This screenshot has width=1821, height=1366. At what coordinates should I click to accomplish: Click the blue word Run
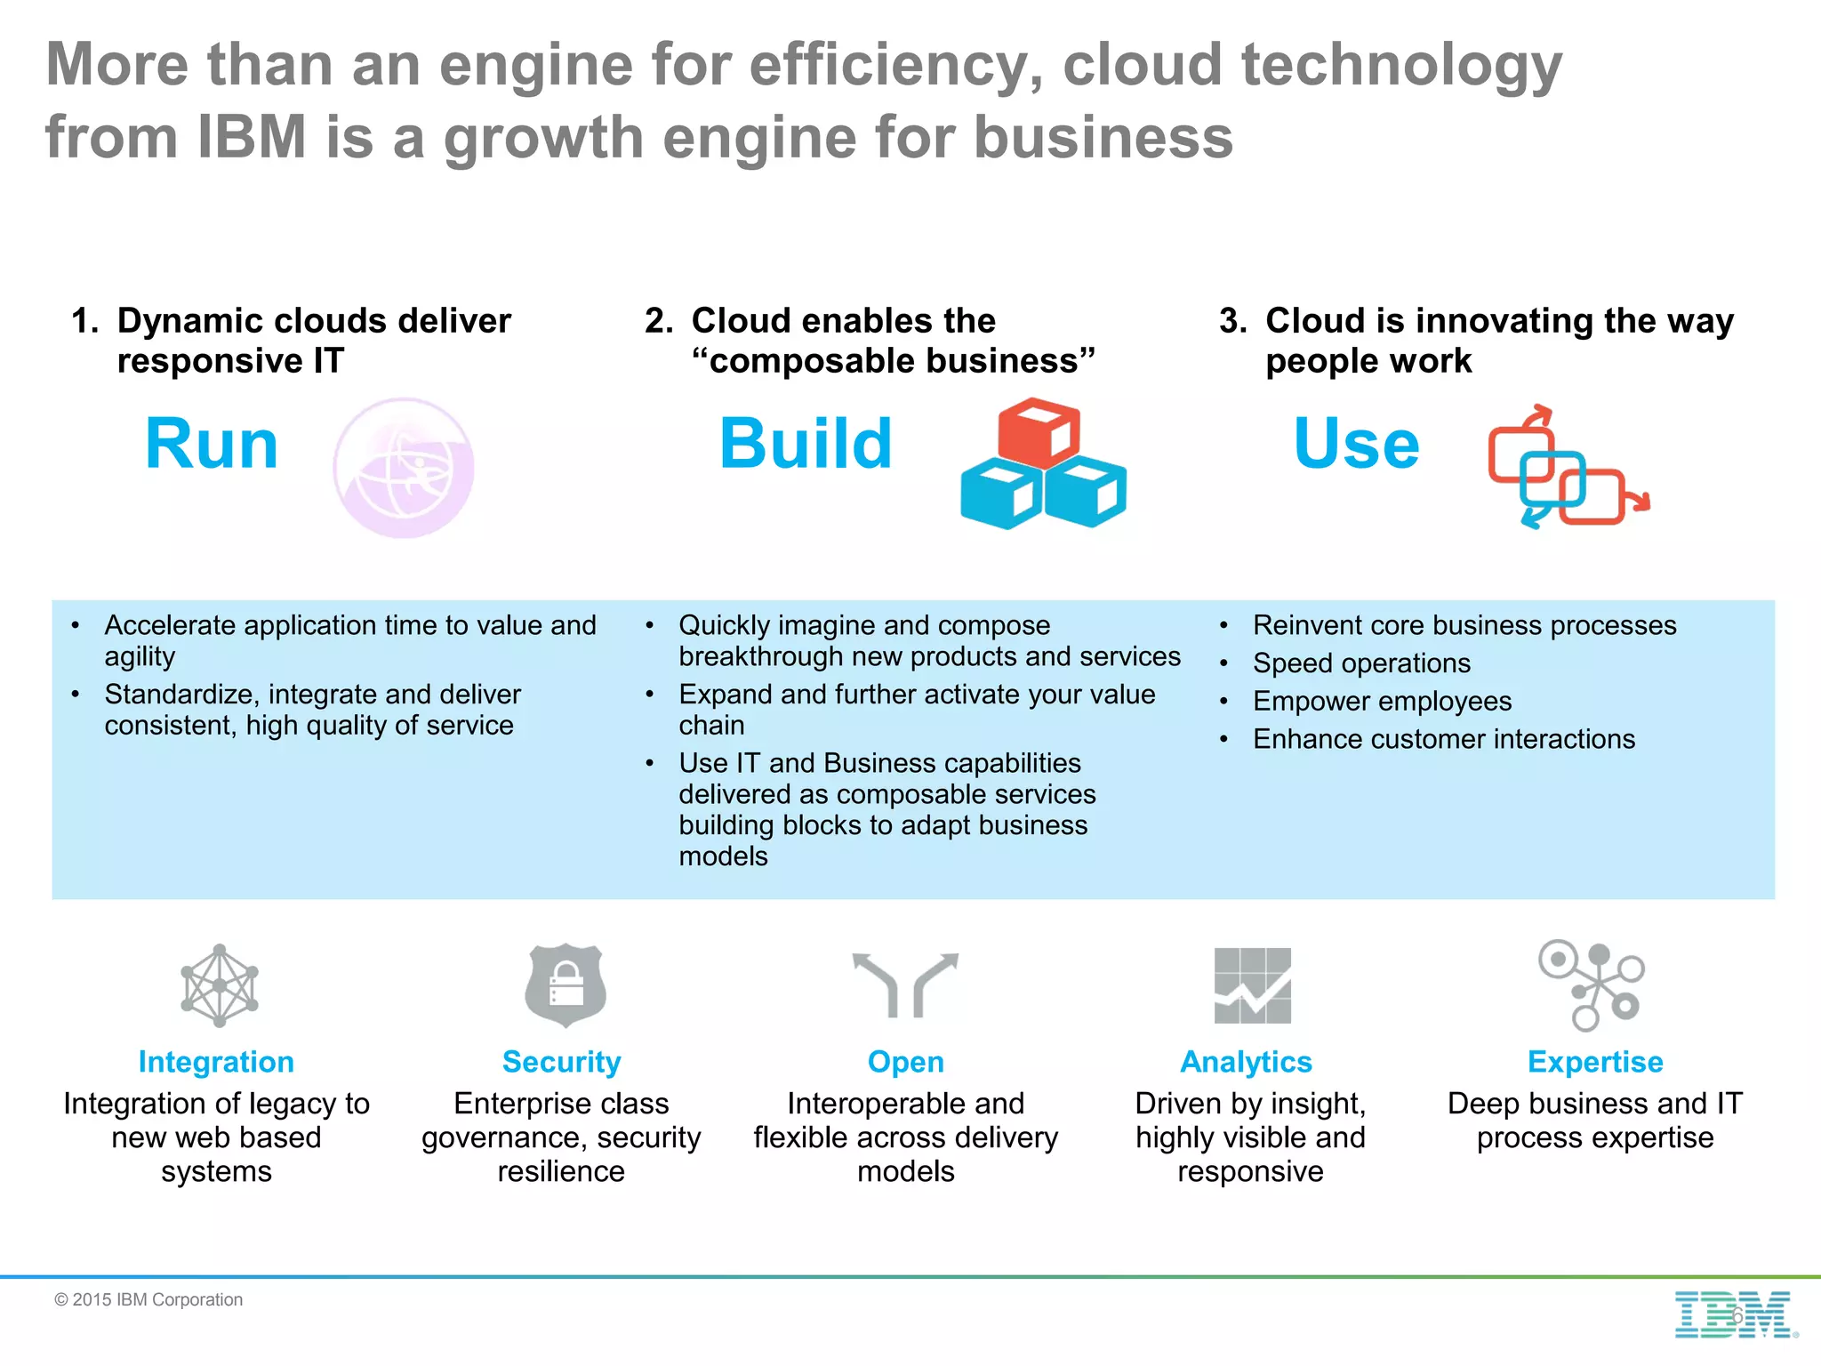point(212,444)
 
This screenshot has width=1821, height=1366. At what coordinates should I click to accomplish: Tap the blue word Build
point(806,444)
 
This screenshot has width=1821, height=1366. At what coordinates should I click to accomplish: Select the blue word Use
point(1357,444)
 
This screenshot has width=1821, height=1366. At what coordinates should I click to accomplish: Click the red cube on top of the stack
point(1039,432)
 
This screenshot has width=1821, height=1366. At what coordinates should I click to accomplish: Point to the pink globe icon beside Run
point(404,468)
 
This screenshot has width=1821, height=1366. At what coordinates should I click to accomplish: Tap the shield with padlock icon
point(566,985)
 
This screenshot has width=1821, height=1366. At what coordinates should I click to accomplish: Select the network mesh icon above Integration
point(220,985)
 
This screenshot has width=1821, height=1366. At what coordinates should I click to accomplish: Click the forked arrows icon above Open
point(905,984)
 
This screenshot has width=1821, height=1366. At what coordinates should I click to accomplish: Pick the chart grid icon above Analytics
point(1252,985)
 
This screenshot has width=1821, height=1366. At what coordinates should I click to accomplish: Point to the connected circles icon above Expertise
point(1592,984)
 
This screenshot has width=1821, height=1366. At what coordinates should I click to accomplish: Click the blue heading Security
point(561,1062)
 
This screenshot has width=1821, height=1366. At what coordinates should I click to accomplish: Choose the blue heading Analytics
point(1246,1062)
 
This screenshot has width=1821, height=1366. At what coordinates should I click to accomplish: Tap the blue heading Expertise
point(1595,1062)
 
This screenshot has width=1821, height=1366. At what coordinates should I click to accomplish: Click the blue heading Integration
point(216,1062)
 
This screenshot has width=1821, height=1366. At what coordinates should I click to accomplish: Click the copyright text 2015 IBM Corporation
point(148,1300)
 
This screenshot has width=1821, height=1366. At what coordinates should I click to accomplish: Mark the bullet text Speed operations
point(1361,663)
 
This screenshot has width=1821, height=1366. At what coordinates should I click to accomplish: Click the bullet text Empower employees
point(1382,702)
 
